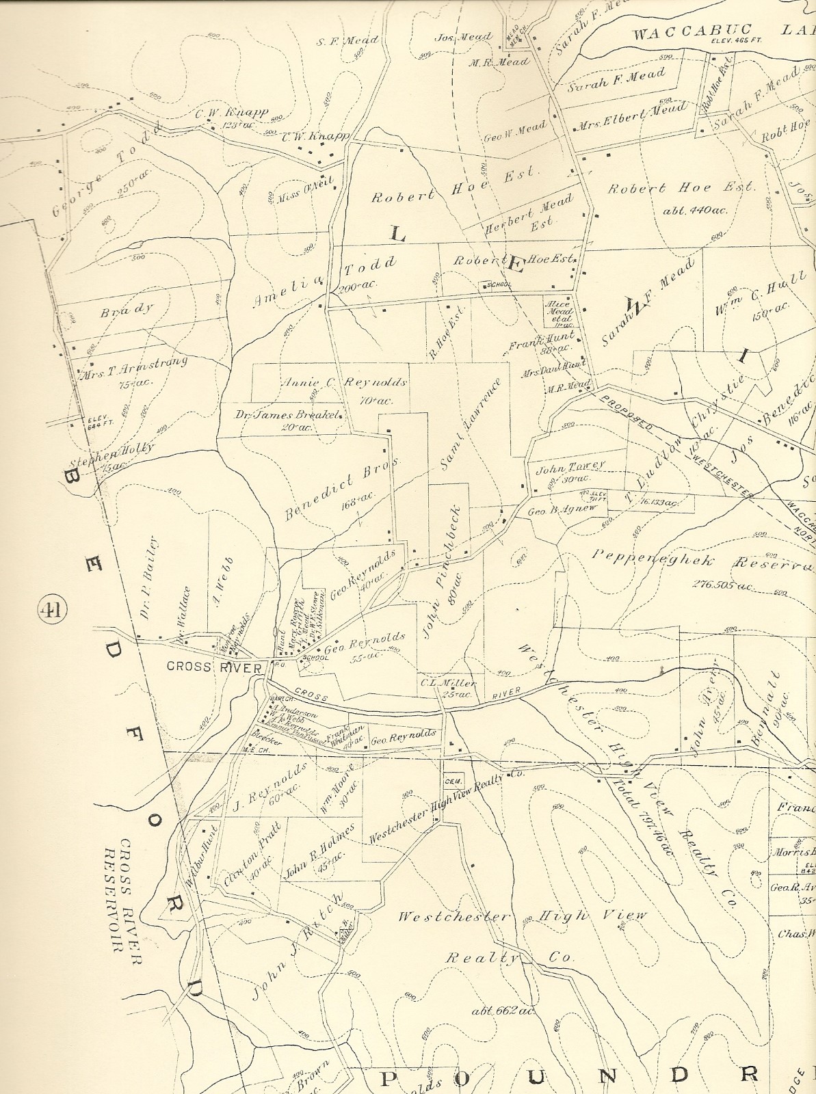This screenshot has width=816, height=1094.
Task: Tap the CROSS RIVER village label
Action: coord(214,667)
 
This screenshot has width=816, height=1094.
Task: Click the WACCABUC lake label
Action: coord(692,31)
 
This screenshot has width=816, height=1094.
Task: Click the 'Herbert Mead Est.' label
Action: coord(529,216)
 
